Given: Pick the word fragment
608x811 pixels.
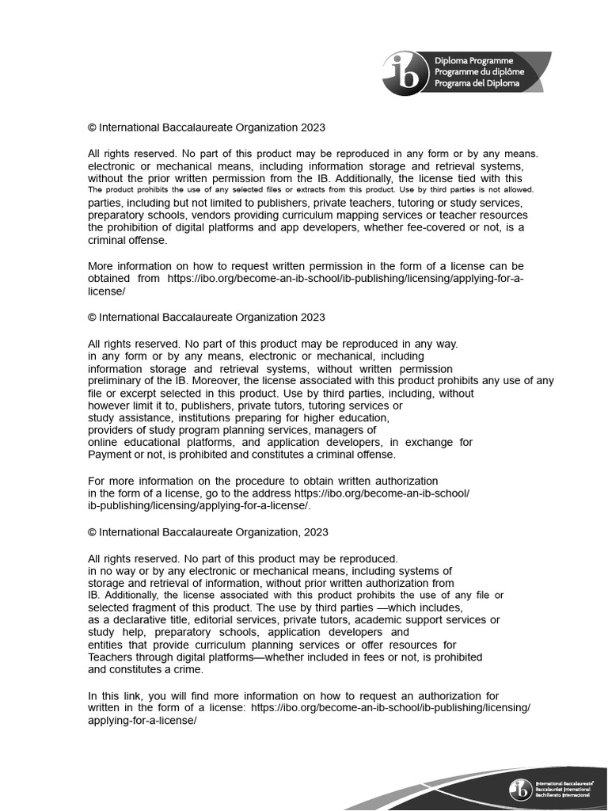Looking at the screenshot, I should click(154, 607).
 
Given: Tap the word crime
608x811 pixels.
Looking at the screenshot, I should click(187, 669).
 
